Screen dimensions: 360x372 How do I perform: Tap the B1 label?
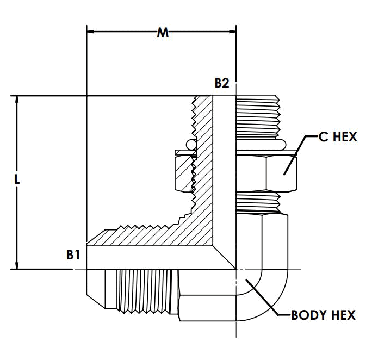tap(74, 254)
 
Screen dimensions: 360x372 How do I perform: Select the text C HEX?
tap(337, 136)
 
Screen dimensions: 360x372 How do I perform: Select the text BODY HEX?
tap(323, 315)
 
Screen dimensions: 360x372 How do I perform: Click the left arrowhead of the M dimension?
tap(91, 32)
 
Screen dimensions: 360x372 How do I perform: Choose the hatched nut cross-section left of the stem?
tap(185, 171)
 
